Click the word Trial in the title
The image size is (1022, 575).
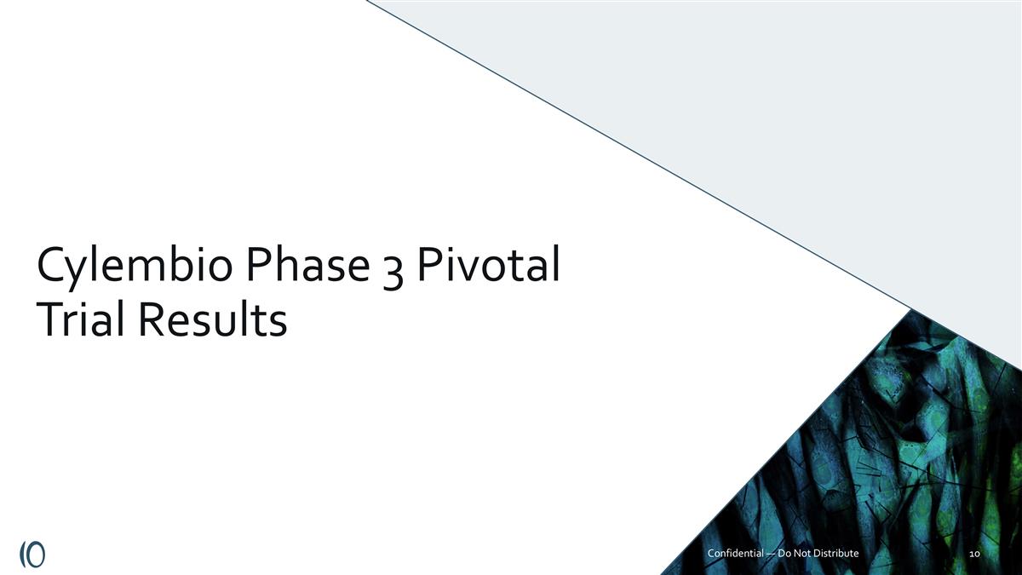78,321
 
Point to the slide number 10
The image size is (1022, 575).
976,555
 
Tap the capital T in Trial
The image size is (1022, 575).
49,321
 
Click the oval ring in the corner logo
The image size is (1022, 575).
37,552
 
